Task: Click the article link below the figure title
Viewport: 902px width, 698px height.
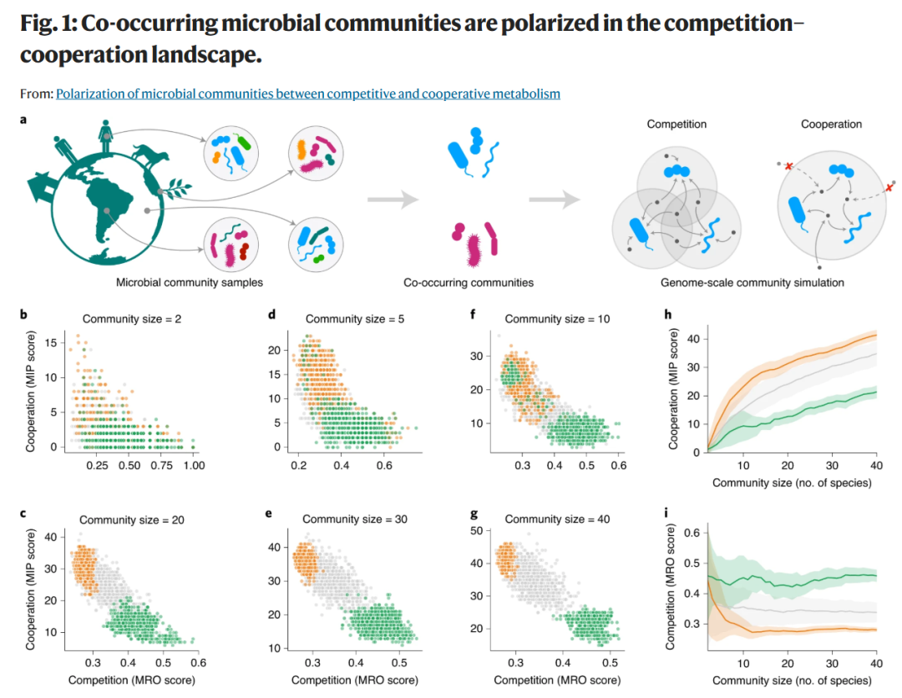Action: pyautogui.click(x=307, y=94)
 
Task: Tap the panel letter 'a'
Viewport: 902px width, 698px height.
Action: pyautogui.click(x=23, y=120)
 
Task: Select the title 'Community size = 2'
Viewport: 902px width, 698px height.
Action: pyautogui.click(x=132, y=319)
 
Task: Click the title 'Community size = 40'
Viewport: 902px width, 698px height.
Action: pyautogui.click(x=557, y=519)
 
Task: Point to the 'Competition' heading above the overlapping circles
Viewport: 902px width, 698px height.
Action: pyautogui.click(x=676, y=124)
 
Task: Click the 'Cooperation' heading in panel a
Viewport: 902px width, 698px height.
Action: pyautogui.click(x=831, y=124)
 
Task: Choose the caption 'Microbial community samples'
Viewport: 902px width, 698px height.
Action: pyautogui.click(x=190, y=282)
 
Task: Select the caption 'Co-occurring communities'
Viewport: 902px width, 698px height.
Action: pyautogui.click(x=469, y=282)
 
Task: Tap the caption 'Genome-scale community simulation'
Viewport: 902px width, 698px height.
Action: pyautogui.click(x=752, y=282)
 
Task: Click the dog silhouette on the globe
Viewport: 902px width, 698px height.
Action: pyautogui.click(x=150, y=155)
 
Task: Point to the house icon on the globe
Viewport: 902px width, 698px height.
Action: pyautogui.click(x=42, y=185)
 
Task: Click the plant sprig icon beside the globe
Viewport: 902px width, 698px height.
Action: pyautogui.click(x=175, y=190)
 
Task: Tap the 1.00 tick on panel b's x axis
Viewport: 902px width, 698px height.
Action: pyautogui.click(x=194, y=466)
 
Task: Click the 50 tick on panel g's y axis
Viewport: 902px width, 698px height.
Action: pyautogui.click(x=476, y=531)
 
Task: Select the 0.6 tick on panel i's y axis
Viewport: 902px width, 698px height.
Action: pyautogui.click(x=692, y=533)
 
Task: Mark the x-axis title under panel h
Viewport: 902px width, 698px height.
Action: pyautogui.click(x=792, y=483)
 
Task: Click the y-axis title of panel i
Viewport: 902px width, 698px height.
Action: pyautogui.click(x=671, y=587)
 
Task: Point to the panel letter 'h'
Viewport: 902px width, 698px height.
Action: pyautogui.click(x=668, y=315)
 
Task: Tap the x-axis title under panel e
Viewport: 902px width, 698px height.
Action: pyautogui.click(x=354, y=680)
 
